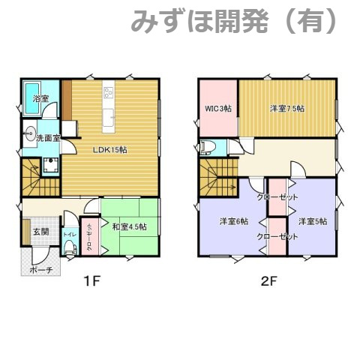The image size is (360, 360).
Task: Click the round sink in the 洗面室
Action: (30, 137)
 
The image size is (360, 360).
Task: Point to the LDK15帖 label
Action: (109, 149)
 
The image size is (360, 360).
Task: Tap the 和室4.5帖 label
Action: (129, 226)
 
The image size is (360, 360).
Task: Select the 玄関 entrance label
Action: (40, 232)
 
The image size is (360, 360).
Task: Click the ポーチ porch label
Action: (40, 268)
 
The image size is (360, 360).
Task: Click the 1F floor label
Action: (91, 282)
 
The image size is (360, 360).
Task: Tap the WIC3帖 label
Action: (218, 109)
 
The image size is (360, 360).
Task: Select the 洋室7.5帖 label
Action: (287, 109)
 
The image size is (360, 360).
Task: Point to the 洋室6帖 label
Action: (234, 221)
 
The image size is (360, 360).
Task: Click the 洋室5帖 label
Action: (313, 221)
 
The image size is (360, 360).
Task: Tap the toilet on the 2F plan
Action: (209, 146)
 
